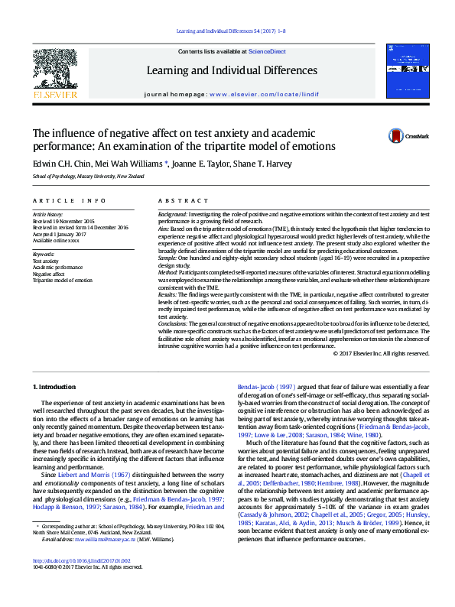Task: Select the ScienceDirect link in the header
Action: (267, 51)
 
